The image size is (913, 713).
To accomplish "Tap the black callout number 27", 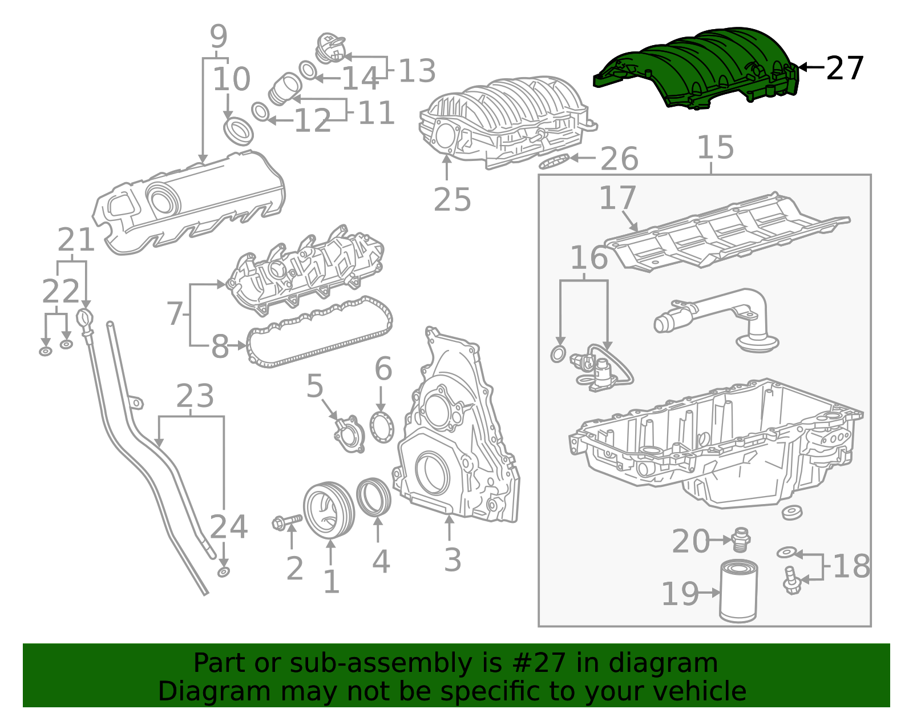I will point(845,69).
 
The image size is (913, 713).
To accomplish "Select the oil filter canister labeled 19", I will point(738,591).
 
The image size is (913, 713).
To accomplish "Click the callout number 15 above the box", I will point(716,147).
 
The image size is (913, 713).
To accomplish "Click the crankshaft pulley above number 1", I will point(328,510).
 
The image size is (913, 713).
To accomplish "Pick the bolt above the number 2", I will point(287,521).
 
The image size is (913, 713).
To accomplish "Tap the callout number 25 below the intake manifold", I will point(452,200).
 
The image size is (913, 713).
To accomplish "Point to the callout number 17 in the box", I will point(617,198).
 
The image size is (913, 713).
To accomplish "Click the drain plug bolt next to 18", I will point(791,580).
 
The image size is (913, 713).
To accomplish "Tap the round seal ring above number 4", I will point(374,496).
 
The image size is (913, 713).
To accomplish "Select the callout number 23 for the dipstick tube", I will point(195,396).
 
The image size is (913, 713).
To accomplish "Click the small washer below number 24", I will point(224,572).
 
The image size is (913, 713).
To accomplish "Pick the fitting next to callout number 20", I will point(741,539).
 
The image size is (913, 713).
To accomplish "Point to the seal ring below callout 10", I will point(238,131).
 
